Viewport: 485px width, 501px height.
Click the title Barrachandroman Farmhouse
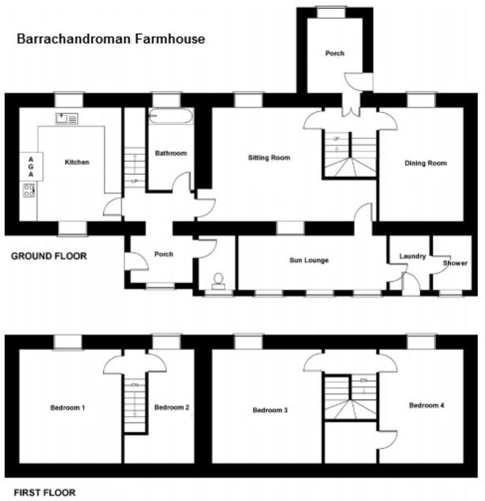[x=111, y=39]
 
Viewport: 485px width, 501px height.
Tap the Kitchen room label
[x=77, y=162]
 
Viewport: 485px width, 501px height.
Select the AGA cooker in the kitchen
[x=31, y=166]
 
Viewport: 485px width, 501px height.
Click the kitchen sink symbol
[x=67, y=119]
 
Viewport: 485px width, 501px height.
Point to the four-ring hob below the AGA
[x=29, y=190]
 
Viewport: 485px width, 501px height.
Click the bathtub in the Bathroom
[x=170, y=117]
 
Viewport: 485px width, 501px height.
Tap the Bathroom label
[x=171, y=153]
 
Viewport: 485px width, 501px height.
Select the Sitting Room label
[x=269, y=158]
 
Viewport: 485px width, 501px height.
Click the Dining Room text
[x=426, y=163]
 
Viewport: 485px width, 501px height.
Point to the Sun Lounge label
[x=309, y=260]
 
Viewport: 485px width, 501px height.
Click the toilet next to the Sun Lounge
[x=219, y=281]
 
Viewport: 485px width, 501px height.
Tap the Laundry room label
[x=412, y=257]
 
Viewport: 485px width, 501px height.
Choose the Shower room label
[x=455, y=263]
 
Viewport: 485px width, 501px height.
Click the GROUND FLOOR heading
[x=49, y=256]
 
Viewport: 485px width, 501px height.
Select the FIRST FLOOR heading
[x=44, y=492]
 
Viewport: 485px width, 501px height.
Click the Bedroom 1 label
[x=67, y=407]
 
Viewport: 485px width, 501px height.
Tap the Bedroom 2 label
[x=172, y=407]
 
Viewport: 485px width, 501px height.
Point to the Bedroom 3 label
[x=270, y=410]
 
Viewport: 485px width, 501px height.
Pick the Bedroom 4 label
[x=426, y=405]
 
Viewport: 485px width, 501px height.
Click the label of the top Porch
[x=334, y=53]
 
